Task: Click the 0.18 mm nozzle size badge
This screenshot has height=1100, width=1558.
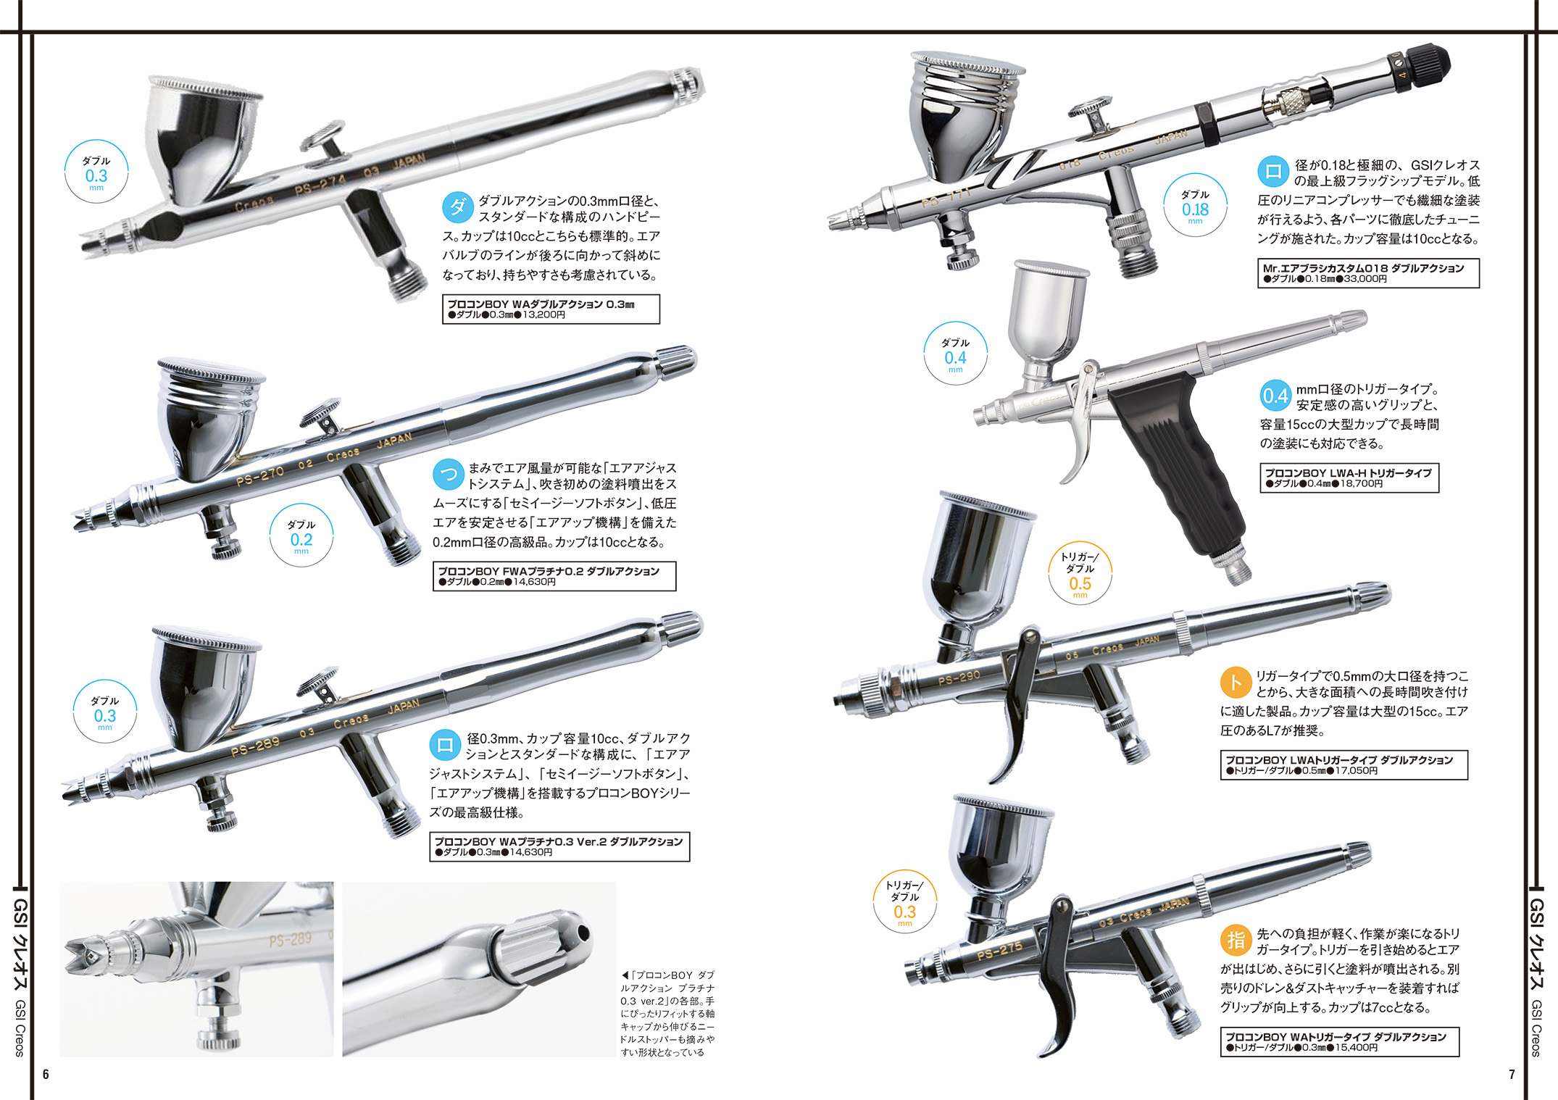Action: [x=1195, y=206]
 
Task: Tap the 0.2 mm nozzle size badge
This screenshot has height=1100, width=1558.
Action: [x=301, y=536]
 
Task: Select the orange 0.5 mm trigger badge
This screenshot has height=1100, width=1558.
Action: [x=1080, y=574]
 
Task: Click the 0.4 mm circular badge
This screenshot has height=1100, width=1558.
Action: [x=955, y=354]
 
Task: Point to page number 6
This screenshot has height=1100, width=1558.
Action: [x=46, y=1074]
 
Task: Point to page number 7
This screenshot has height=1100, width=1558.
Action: [x=1512, y=1074]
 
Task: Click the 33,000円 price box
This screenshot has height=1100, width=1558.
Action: [x=1368, y=273]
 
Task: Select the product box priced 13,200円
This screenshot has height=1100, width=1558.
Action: [x=551, y=309]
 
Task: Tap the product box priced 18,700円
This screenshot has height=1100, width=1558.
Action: [x=1349, y=478]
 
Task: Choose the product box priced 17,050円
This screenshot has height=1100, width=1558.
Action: [x=1344, y=764]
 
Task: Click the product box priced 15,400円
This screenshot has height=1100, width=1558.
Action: [x=1340, y=1042]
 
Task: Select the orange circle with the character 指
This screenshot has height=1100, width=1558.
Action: [x=1236, y=940]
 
